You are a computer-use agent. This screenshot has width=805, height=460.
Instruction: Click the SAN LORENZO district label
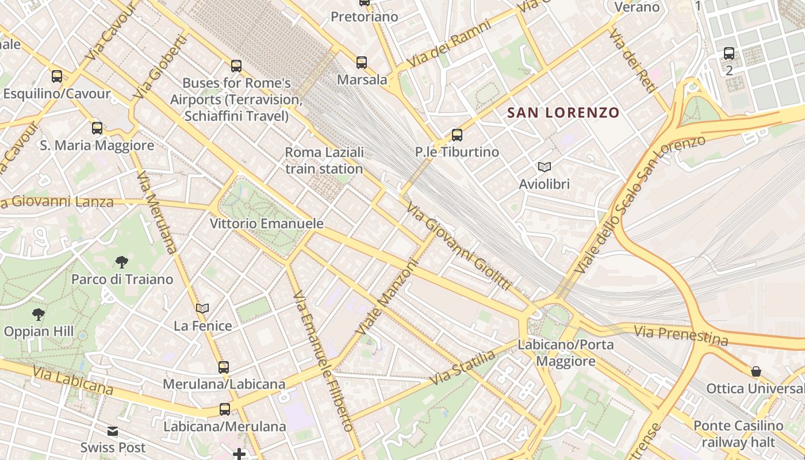pyautogui.click(x=563, y=113)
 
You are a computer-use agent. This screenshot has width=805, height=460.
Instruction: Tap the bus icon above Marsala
pyautogui.click(x=362, y=63)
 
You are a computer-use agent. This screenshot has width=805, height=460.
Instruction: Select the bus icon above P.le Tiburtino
pyautogui.click(x=457, y=135)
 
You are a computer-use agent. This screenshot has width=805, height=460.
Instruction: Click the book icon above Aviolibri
pyautogui.click(x=544, y=167)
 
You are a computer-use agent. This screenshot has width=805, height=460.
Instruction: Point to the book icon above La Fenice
pyautogui.click(x=202, y=309)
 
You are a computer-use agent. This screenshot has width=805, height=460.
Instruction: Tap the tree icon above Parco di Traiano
pyautogui.click(x=121, y=262)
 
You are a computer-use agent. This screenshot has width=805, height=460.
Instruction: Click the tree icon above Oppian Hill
pyautogui.click(x=39, y=314)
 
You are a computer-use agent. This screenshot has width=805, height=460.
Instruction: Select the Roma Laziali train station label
pyautogui.click(x=324, y=160)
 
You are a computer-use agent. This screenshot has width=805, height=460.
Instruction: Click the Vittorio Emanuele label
pyautogui.click(x=267, y=224)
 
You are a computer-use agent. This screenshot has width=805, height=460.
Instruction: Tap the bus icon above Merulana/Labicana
pyautogui.click(x=224, y=367)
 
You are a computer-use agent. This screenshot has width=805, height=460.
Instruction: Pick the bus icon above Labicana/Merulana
pyautogui.click(x=225, y=409)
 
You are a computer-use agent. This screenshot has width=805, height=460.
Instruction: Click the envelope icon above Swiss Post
pyautogui.click(x=113, y=431)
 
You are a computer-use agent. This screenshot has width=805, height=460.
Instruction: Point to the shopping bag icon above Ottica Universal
pyautogui.click(x=756, y=371)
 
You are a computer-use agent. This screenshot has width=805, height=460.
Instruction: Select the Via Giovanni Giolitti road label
pyautogui.click(x=459, y=246)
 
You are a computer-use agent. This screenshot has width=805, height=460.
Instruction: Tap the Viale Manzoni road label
pyautogui.click(x=386, y=297)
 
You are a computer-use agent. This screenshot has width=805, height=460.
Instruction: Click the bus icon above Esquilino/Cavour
pyautogui.click(x=57, y=76)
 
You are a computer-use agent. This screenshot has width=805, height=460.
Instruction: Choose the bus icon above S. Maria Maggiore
pyautogui.click(x=97, y=128)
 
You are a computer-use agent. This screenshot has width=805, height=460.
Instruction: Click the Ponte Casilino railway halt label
pyautogui.click(x=738, y=434)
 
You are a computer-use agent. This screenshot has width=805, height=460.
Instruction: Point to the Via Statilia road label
pyautogui.click(x=462, y=368)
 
